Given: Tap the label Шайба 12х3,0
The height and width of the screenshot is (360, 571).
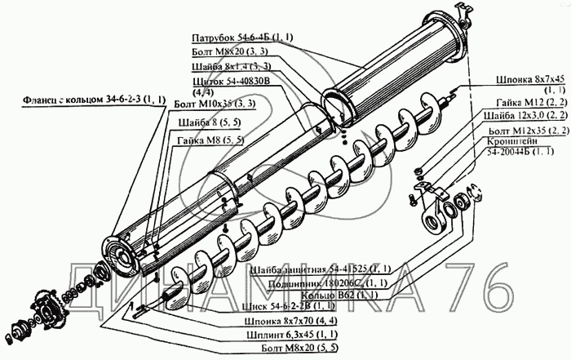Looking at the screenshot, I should pyautogui.click(x=529, y=118).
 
